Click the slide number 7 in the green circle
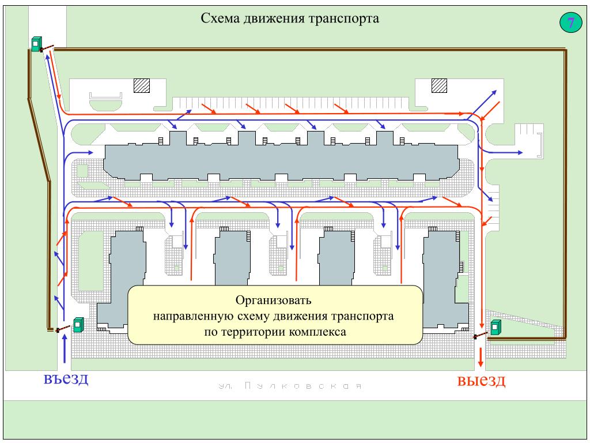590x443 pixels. coord(570,24)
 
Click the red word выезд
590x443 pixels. coord(481,381)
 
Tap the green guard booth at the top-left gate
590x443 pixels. coord(36,43)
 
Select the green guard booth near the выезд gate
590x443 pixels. coord(496,327)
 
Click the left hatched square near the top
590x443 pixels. coord(142,85)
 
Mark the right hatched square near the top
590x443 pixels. coord(440,85)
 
